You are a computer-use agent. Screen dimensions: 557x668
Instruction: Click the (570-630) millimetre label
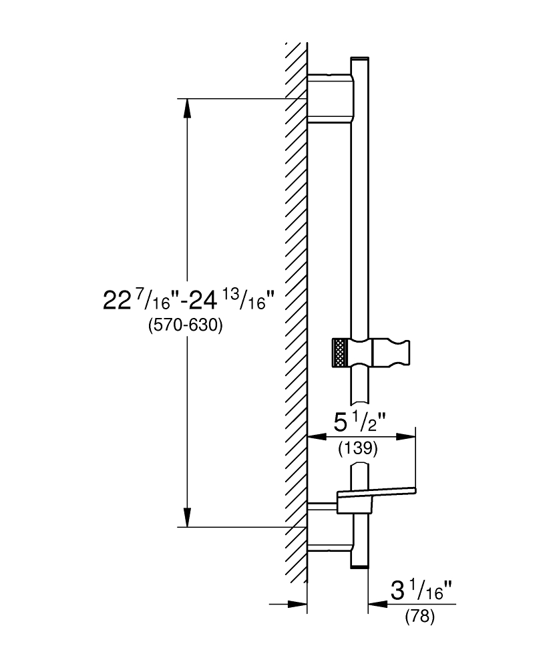pos(185,326)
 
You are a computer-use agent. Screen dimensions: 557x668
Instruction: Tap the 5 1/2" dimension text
pos(360,423)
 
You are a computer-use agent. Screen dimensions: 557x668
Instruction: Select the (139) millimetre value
pos(358,449)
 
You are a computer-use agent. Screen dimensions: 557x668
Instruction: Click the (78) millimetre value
pos(420,617)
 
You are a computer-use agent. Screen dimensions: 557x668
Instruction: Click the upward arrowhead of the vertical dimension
pos(187,108)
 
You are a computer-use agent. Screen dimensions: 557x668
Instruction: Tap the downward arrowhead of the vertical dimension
pos(187,517)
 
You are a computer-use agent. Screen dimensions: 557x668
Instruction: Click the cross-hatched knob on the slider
pos(341,353)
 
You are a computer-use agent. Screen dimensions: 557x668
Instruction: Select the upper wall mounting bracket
pos(331,99)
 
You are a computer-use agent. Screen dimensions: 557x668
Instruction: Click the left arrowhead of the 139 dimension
pos(317,437)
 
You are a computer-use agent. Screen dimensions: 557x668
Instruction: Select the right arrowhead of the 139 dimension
pos(406,437)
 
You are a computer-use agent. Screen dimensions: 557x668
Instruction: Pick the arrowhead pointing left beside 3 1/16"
pos(378,604)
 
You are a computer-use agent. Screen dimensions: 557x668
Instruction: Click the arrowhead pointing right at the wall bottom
pos(297,604)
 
